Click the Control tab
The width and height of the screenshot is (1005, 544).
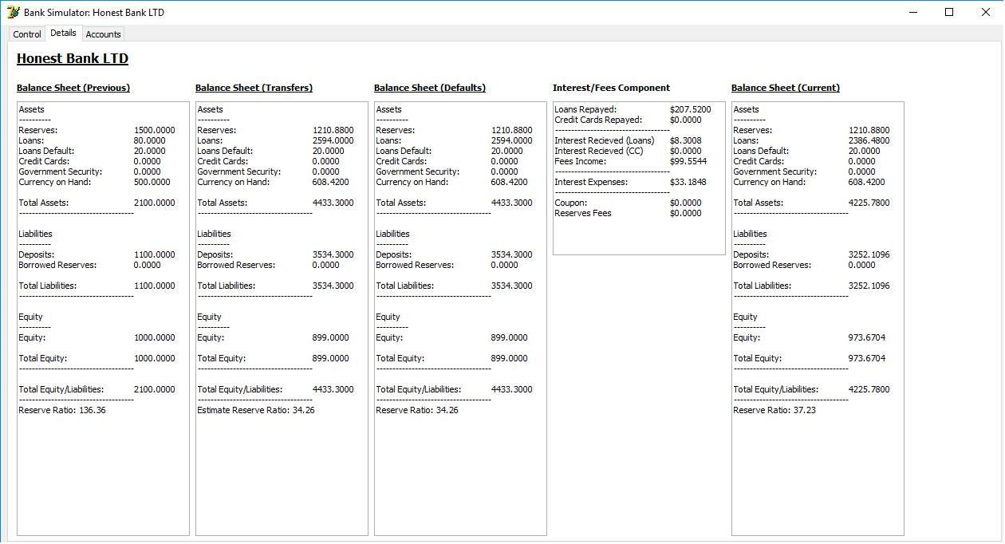(x=27, y=34)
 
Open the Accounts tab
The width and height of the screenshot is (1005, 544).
(x=103, y=34)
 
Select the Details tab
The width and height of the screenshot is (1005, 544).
(x=63, y=34)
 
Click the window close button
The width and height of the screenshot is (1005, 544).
(x=985, y=12)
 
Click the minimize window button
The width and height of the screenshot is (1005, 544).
(x=913, y=12)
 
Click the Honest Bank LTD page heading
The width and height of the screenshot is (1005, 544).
(x=73, y=59)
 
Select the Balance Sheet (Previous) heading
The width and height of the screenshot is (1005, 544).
(x=73, y=88)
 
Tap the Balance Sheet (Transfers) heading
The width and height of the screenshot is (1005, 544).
(x=254, y=88)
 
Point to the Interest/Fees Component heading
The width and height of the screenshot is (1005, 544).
(x=611, y=88)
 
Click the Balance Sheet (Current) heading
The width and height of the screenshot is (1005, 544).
(x=785, y=88)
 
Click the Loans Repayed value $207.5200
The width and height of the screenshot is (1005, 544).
(x=690, y=109)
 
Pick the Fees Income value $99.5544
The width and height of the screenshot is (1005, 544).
(x=688, y=161)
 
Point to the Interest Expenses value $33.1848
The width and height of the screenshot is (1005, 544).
(x=688, y=182)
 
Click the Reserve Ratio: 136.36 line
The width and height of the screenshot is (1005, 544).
(x=62, y=410)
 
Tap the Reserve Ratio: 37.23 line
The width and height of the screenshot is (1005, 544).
(x=774, y=410)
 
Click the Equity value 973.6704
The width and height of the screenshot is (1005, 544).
(x=866, y=337)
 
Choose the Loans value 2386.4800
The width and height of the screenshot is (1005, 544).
(x=869, y=140)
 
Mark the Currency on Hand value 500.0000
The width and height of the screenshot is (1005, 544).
(x=152, y=182)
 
